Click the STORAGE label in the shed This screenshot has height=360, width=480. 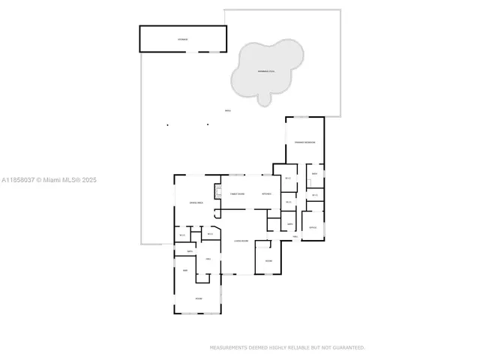183,38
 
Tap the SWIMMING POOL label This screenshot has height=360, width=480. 266,71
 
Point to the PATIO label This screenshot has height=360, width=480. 227,111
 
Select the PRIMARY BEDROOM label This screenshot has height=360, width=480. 304,142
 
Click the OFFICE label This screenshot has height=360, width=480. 313,227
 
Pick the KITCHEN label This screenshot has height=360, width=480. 266,194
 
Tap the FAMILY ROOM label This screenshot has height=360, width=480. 237,194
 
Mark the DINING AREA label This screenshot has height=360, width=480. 196,203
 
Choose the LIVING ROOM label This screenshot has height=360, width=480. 241,241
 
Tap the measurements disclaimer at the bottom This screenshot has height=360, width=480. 287,348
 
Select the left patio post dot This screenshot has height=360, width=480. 167,124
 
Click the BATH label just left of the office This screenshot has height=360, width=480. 289,224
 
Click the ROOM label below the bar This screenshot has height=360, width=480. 199,298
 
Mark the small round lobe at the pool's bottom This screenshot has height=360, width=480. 264,99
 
